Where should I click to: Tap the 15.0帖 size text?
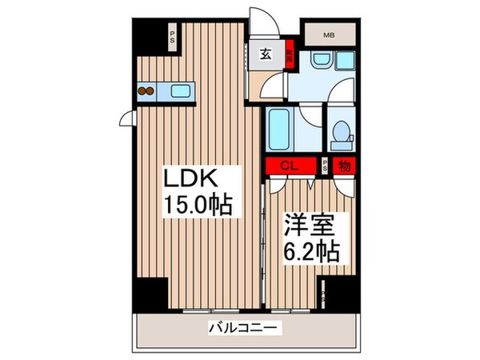point(198,206)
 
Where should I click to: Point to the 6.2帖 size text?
point(313,252)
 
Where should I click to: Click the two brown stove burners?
point(146,91)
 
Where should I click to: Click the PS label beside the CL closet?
point(325,166)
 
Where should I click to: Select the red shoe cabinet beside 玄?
point(290,58)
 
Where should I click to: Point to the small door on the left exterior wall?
point(126,121)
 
